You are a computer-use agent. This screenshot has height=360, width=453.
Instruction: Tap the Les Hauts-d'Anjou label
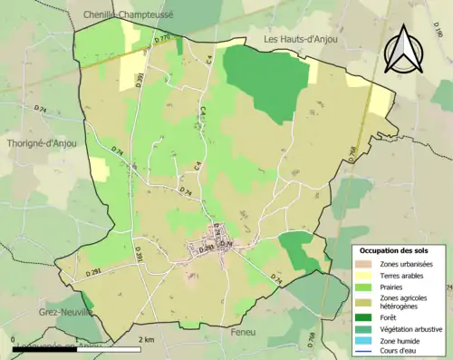pos(304,40)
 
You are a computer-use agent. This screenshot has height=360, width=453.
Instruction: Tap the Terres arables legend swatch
pos(366,275)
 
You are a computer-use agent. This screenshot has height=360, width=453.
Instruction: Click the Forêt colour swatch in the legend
pos(366,317)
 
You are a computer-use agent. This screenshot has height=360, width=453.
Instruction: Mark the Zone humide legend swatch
pos(366,339)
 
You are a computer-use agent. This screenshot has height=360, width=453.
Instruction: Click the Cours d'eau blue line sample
pos(366,351)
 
